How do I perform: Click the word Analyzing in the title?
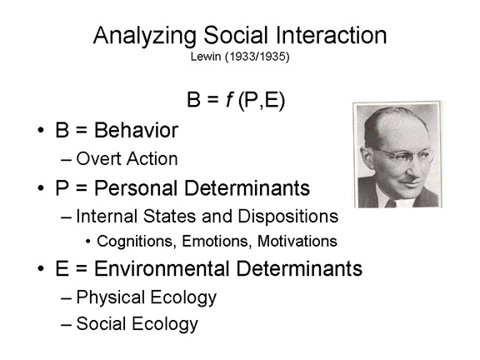click(144, 37)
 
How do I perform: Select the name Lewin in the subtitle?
click(206, 57)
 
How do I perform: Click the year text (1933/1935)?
click(257, 57)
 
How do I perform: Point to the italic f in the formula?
click(229, 99)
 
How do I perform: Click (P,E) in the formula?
click(262, 100)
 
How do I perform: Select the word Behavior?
click(136, 130)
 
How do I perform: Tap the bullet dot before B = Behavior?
click(41, 130)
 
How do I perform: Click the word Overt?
click(99, 159)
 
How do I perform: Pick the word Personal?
click(136, 187)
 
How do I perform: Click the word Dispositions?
click(288, 217)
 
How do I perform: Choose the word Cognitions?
click(135, 241)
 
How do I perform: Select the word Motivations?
click(297, 241)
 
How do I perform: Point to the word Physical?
click(111, 297)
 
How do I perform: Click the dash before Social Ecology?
click(66, 324)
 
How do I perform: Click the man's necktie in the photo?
click(391, 203)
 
